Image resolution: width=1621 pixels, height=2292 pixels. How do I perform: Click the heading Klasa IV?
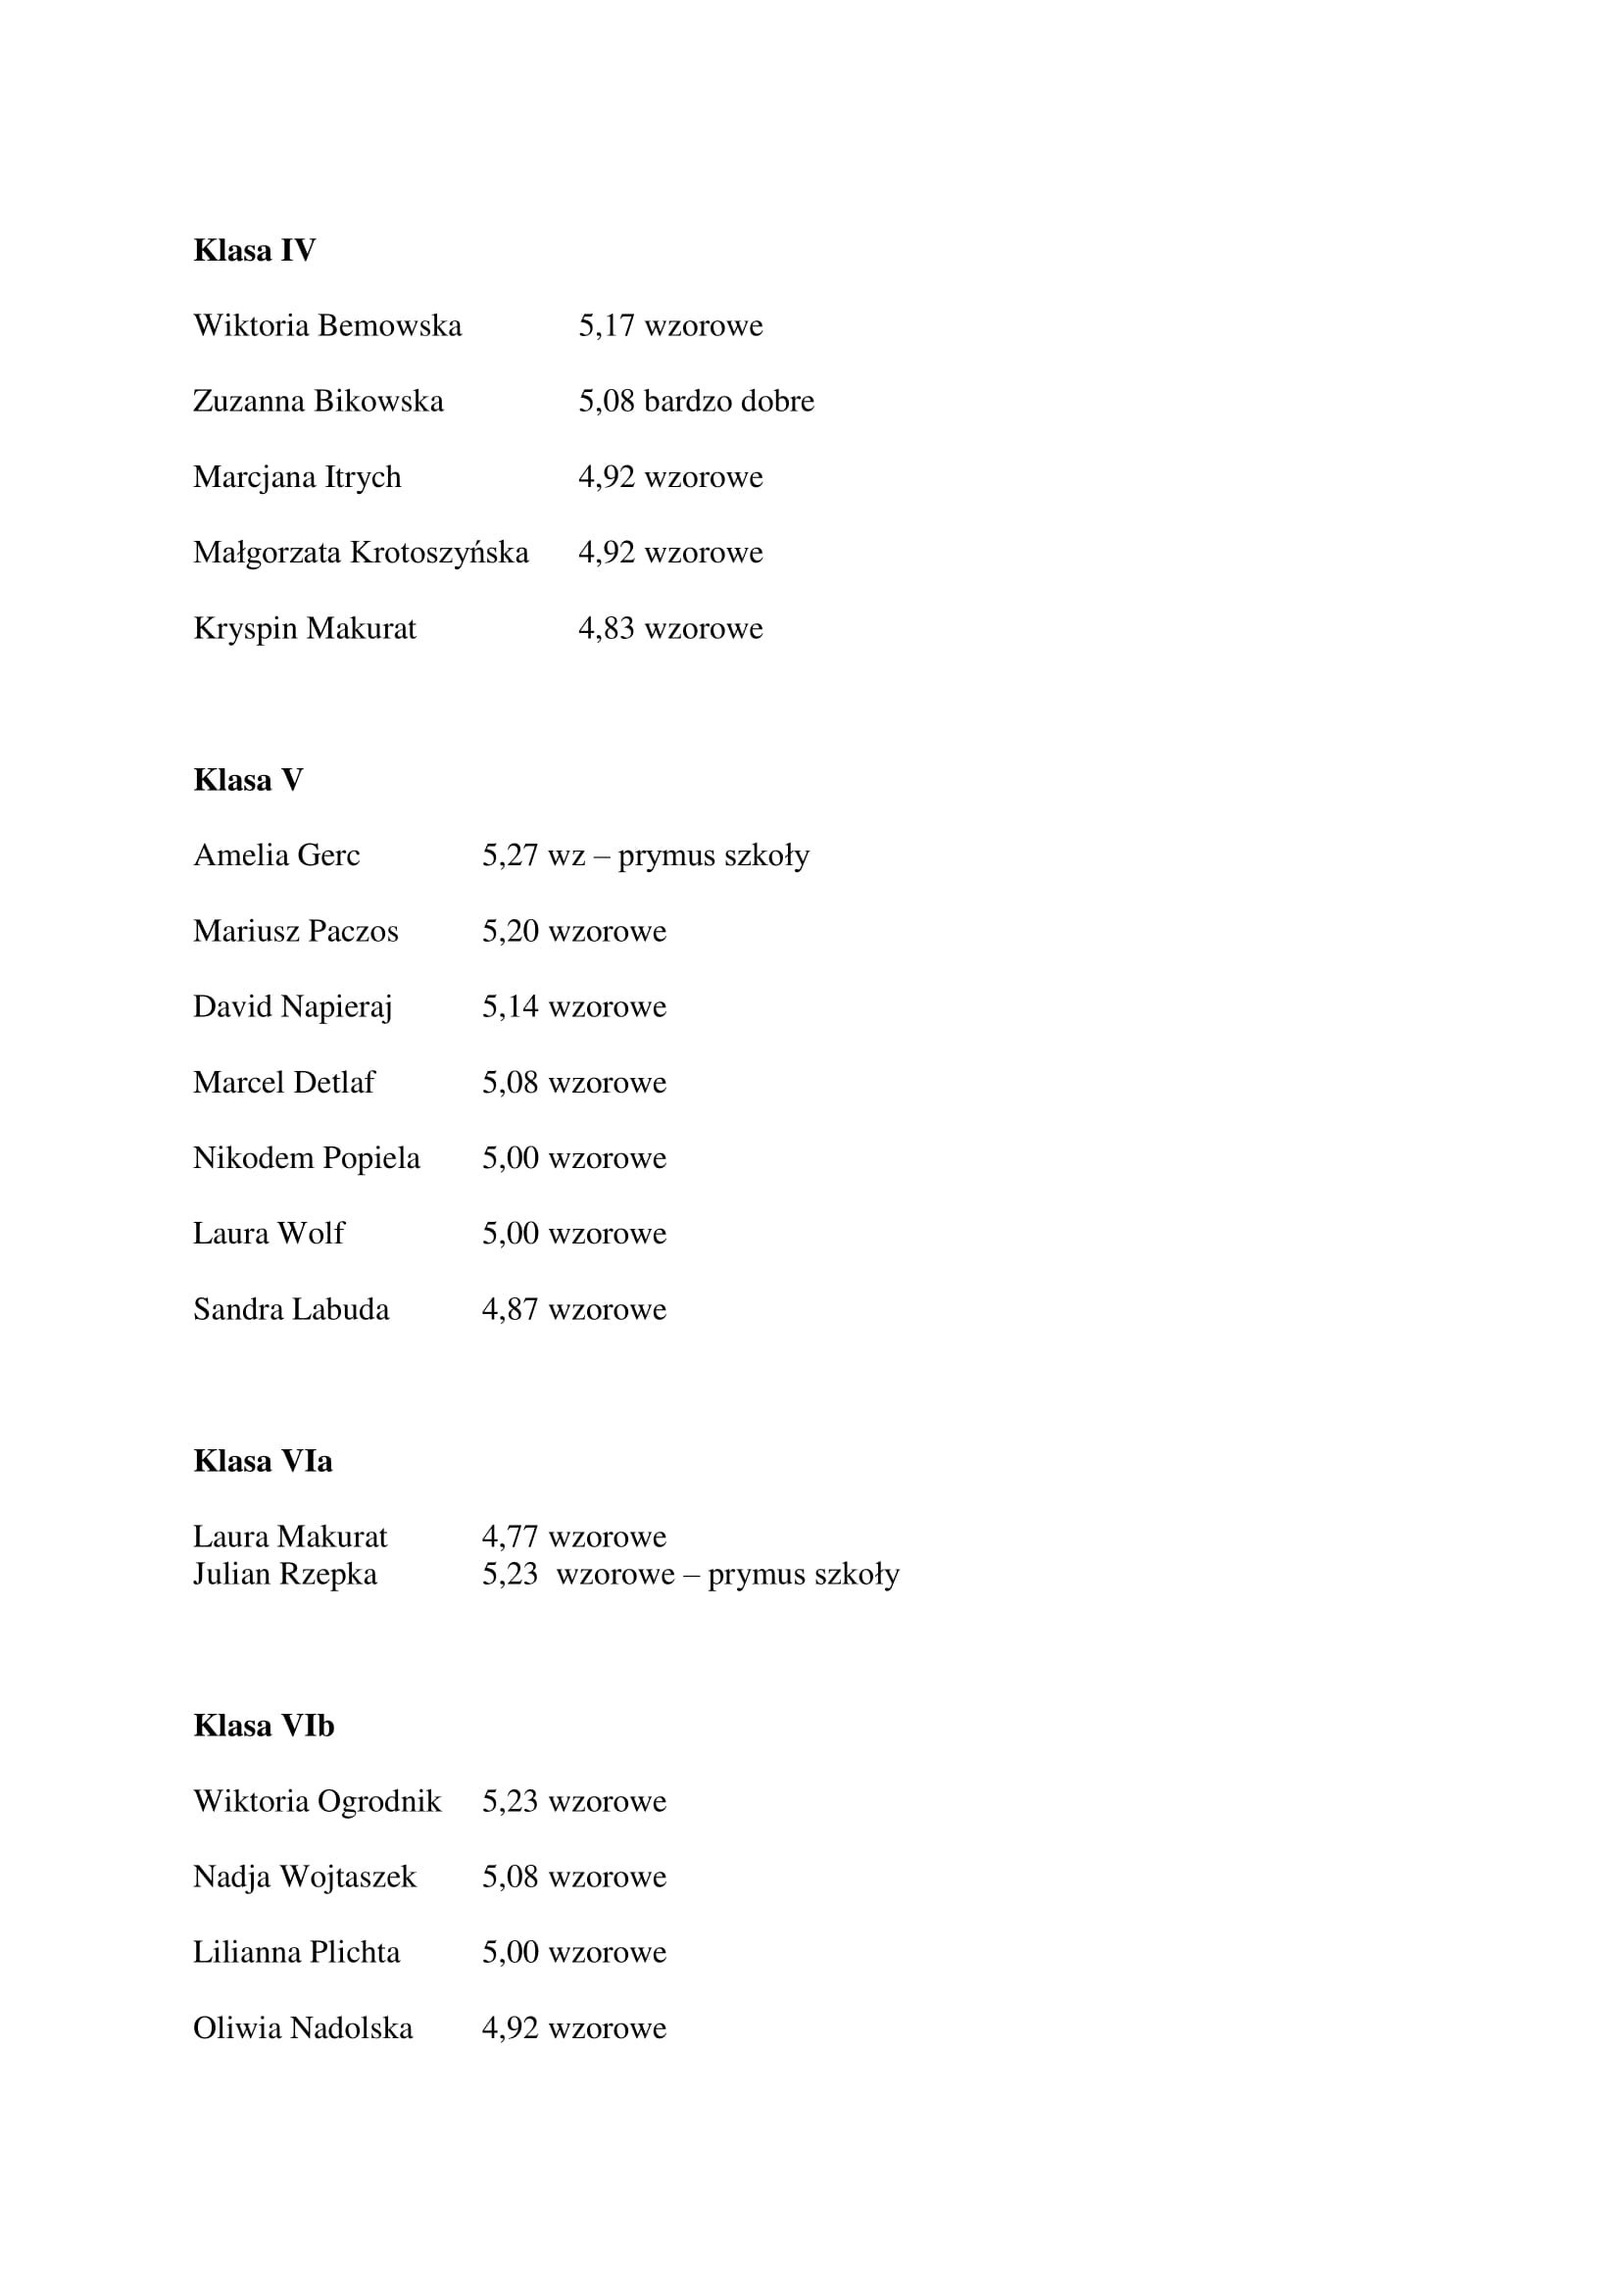point(254,250)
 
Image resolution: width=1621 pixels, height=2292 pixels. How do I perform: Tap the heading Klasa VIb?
point(264,1725)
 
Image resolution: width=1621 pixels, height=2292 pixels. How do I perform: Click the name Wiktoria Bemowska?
point(327,325)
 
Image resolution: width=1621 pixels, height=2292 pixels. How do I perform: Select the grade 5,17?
point(606,325)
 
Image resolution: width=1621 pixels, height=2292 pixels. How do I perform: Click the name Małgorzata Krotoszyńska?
point(361,552)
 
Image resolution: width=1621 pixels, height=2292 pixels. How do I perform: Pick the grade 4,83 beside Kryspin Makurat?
point(606,628)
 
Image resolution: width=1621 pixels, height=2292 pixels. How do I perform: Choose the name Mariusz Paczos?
point(295,930)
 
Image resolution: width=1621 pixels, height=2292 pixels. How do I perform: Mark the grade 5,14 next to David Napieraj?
point(510,1006)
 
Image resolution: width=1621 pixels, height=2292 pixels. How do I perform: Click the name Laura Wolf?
point(269,1233)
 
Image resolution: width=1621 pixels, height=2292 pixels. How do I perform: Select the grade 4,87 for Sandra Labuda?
point(510,1309)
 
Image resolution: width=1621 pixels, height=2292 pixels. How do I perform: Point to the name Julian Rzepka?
point(284,1575)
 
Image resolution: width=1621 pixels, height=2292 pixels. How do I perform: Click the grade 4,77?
point(510,1536)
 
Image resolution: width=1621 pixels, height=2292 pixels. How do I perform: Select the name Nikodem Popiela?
point(307,1158)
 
